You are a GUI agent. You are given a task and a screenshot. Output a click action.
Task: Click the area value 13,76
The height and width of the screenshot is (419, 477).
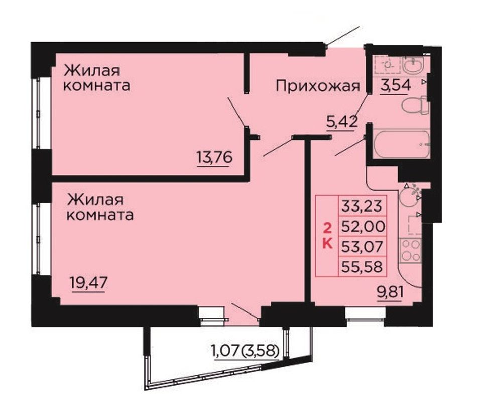pos(215,157)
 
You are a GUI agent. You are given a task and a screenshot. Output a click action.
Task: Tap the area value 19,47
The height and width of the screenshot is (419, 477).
pos(89,283)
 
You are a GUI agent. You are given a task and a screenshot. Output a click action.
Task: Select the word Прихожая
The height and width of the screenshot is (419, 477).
pos(318,87)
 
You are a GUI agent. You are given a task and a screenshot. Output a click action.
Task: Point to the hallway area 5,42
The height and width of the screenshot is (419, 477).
pos(341,122)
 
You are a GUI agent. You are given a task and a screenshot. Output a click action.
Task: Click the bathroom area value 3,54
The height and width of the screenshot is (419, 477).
pos(396,85)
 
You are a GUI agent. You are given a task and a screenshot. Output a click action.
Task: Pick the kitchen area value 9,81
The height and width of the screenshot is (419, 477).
pos(390,292)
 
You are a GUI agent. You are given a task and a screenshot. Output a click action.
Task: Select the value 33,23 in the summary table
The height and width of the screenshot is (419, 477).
pos(362,205)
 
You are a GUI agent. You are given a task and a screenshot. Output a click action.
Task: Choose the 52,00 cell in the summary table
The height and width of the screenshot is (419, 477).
pos(363,226)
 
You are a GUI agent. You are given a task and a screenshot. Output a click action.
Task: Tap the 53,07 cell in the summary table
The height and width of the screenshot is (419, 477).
pos(362,246)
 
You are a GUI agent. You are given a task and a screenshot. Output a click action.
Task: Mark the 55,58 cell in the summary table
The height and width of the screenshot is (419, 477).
pos(362,267)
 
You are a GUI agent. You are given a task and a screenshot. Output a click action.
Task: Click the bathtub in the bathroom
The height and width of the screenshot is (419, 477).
pos(401,144)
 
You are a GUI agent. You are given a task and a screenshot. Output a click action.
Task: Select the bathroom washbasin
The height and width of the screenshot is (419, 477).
pos(413,65)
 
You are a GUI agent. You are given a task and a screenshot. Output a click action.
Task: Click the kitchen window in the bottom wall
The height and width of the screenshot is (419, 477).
pos(366,313)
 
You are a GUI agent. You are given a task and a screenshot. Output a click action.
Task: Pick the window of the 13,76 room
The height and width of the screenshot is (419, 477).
pos(38,113)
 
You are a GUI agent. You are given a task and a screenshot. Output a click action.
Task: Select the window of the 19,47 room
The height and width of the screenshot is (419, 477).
pos(38,239)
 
